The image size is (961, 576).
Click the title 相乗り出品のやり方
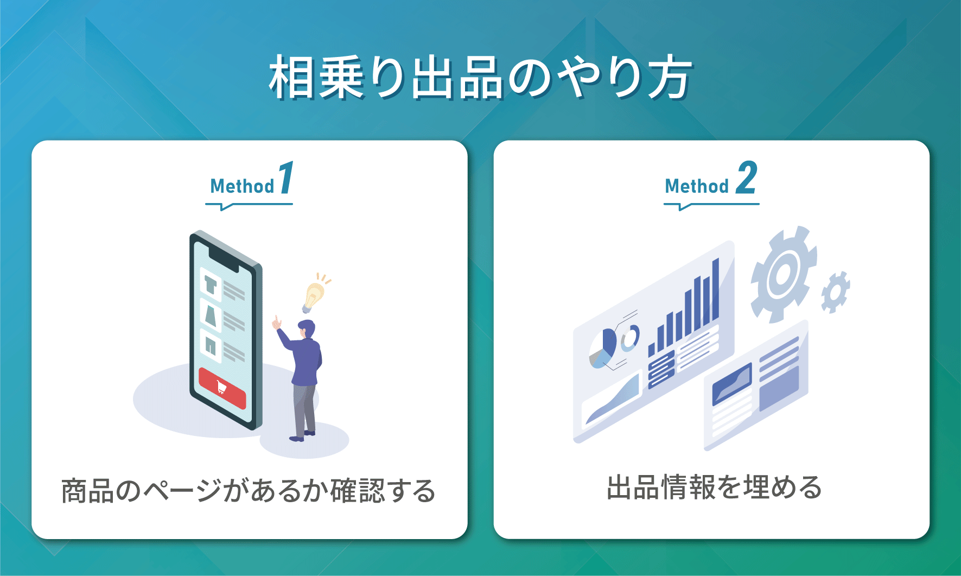(480, 78)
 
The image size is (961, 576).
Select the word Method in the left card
(242, 186)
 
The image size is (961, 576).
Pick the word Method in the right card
(697, 186)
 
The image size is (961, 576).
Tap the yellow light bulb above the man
(313, 296)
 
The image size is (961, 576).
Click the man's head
(307, 328)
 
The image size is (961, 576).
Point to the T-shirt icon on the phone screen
(211, 284)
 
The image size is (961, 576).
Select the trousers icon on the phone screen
(211, 345)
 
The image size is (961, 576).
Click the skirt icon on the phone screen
(211, 315)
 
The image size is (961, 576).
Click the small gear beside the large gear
(835, 292)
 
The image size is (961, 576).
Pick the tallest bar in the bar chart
(715, 290)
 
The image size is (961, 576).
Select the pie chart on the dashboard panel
(603, 347)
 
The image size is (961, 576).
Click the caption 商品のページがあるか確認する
(249, 491)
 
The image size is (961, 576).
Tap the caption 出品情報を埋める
(714, 487)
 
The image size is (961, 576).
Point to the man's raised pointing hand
(277, 322)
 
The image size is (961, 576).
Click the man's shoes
(303, 435)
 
